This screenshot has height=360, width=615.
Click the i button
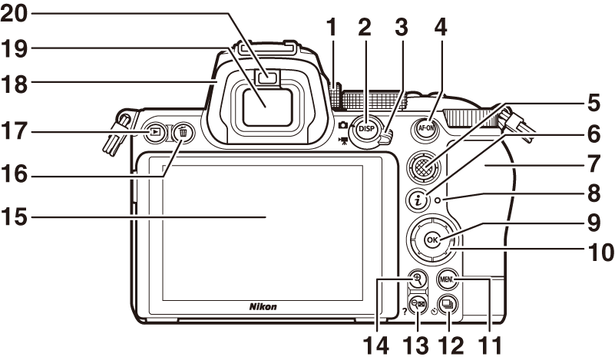419,201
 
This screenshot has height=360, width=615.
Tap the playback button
156,132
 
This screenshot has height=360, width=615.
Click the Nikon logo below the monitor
263,306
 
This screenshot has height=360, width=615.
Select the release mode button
448,303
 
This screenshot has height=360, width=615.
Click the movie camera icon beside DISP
341,140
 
